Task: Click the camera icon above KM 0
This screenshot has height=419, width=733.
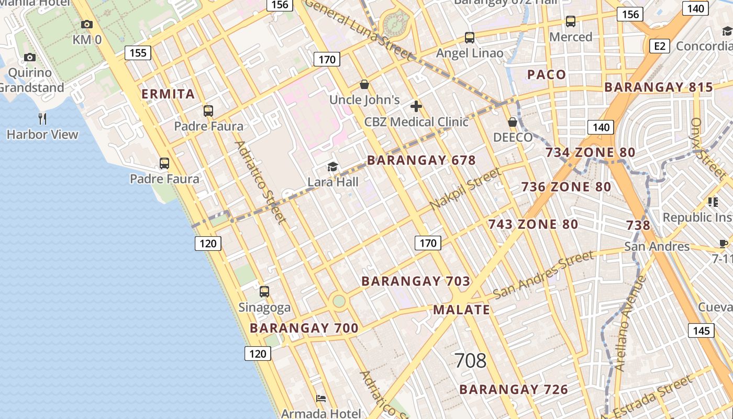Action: (87, 24)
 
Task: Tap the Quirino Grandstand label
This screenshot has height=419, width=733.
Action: (32, 80)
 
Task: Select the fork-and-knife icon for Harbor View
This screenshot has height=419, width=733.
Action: (42, 119)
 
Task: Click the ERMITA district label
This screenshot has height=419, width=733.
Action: (169, 94)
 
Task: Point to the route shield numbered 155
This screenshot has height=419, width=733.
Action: (138, 52)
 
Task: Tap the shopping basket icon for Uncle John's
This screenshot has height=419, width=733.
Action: (364, 84)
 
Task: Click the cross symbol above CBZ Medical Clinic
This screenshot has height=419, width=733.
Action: (416, 107)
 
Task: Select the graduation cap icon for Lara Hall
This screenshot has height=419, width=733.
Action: (332, 167)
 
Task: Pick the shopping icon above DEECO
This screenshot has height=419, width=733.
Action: (513, 122)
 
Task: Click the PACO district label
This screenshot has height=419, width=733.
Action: (547, 74)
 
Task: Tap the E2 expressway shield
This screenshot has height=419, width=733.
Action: (660, 46)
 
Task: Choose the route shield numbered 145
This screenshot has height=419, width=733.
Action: (701, 330)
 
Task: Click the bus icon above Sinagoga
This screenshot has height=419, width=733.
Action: (264, 292)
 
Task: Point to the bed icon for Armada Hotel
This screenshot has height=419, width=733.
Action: (321, 399)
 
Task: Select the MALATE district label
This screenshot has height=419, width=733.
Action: (461, 310)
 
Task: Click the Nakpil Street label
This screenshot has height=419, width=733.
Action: (465, 189)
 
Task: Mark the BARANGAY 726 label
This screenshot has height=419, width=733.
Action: (514, 390)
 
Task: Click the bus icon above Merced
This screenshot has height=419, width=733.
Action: (571, 21)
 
